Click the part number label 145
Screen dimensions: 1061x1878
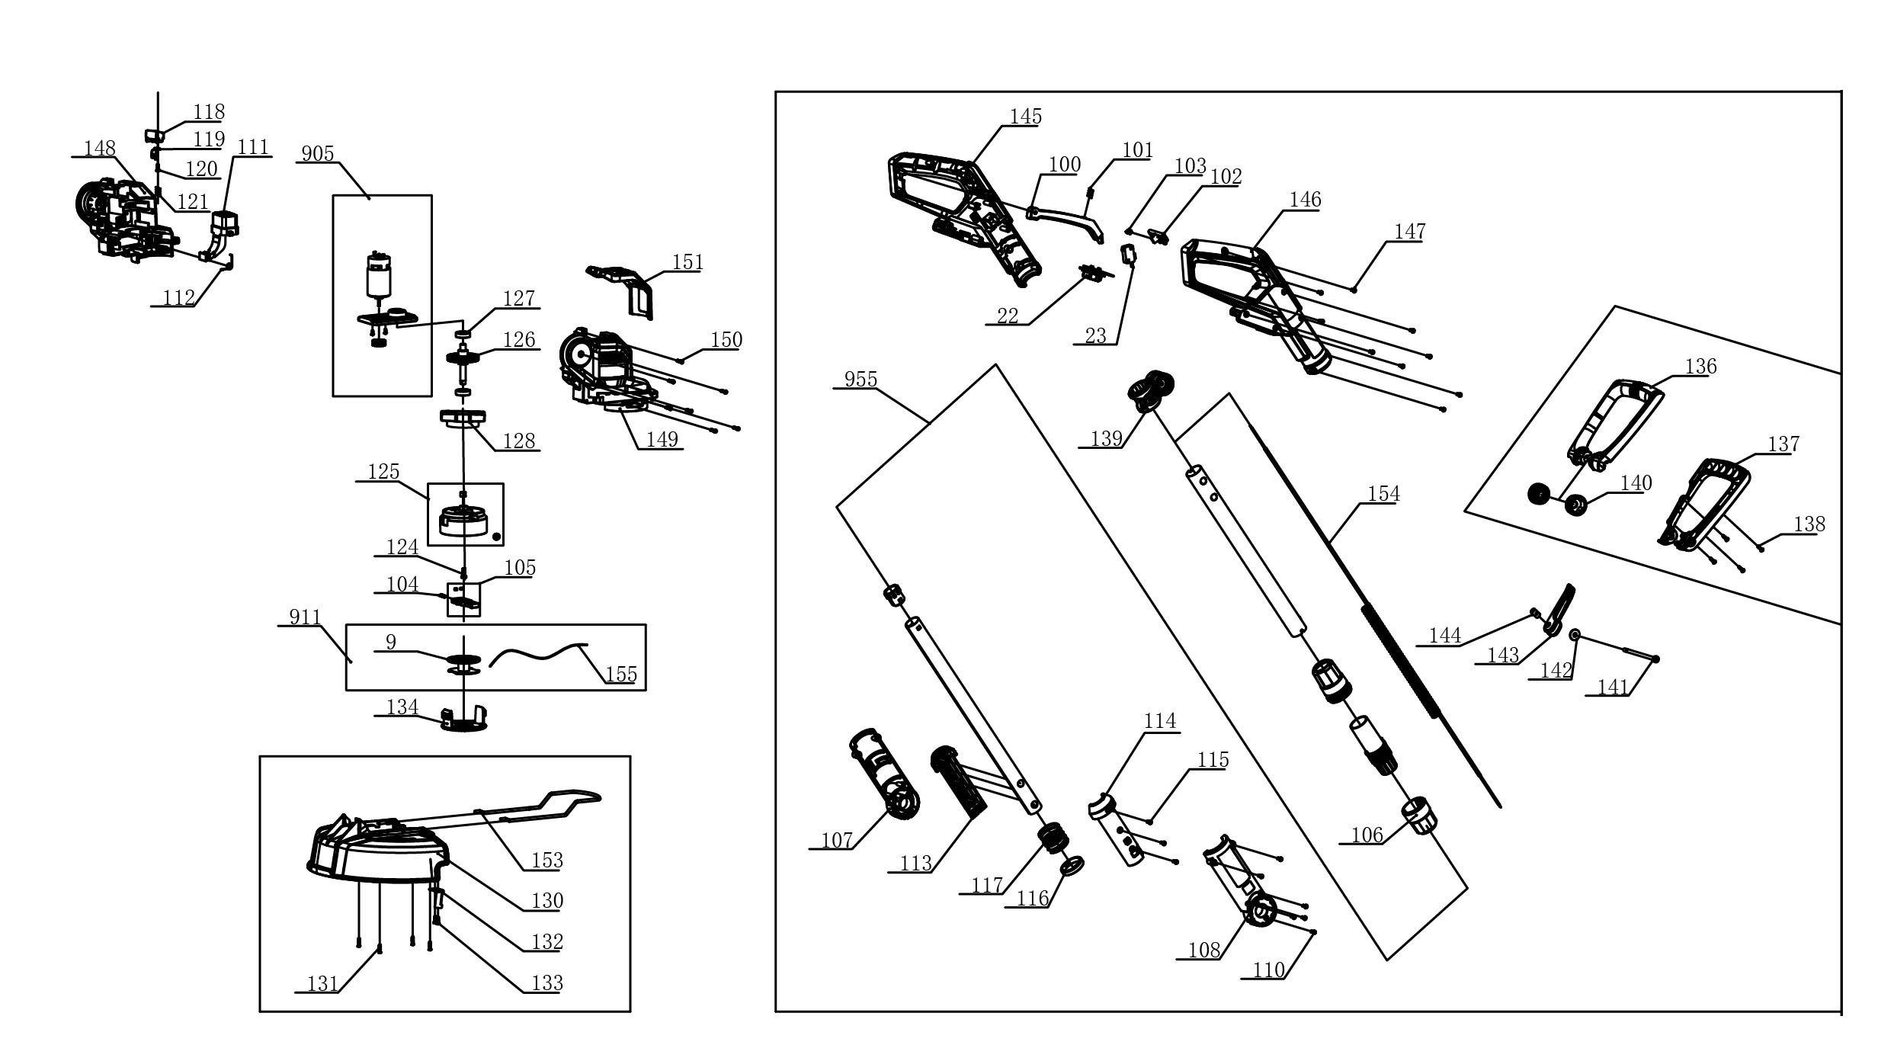(1025, 117)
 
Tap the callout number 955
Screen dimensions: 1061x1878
(860, 380)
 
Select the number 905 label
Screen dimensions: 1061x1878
(318, 154)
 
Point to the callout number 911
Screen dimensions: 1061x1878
(305, 617)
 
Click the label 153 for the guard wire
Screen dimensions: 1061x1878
(546, 861)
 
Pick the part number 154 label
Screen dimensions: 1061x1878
(1383, 494)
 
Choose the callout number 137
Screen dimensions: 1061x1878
(1783, 444)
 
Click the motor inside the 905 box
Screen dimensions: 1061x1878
(380, 276)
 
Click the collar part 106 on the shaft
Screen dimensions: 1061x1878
(1420, 816)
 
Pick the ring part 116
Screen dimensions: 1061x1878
(1072, 866)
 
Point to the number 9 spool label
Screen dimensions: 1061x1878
(391, 643)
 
